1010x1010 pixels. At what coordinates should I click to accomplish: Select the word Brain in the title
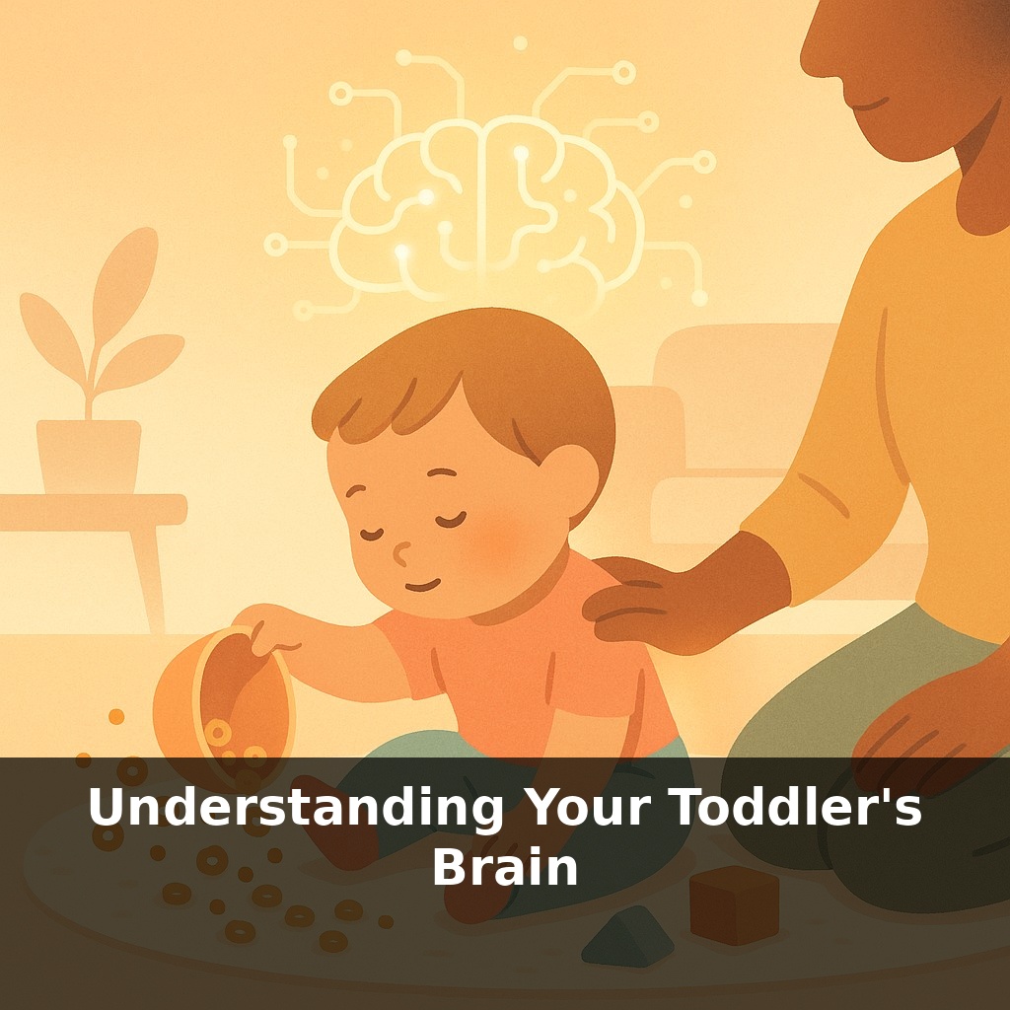[x=504, y=868]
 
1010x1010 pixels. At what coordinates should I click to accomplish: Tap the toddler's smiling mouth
[x=422, y=585]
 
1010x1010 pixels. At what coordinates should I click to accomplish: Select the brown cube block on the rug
[x=733, y=902]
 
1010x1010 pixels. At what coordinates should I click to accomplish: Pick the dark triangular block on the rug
[x=627, y=938]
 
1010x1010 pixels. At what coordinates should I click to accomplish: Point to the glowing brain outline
[x=483, y=207]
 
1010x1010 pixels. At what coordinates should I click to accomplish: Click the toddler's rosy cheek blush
[x=503, y=538]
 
